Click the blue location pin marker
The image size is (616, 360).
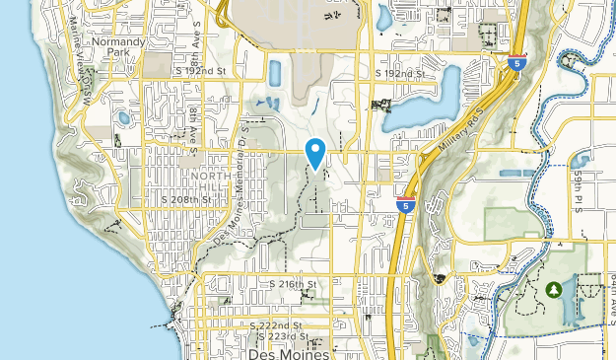point(315,153)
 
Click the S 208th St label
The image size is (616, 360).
point(186,199)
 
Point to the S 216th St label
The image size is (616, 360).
point(294,284)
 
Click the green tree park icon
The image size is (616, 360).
point(554,289)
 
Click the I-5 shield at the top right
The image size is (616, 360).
point(516,63)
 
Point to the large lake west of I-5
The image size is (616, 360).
point(434,100)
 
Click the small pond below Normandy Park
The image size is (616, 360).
point(123,118)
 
